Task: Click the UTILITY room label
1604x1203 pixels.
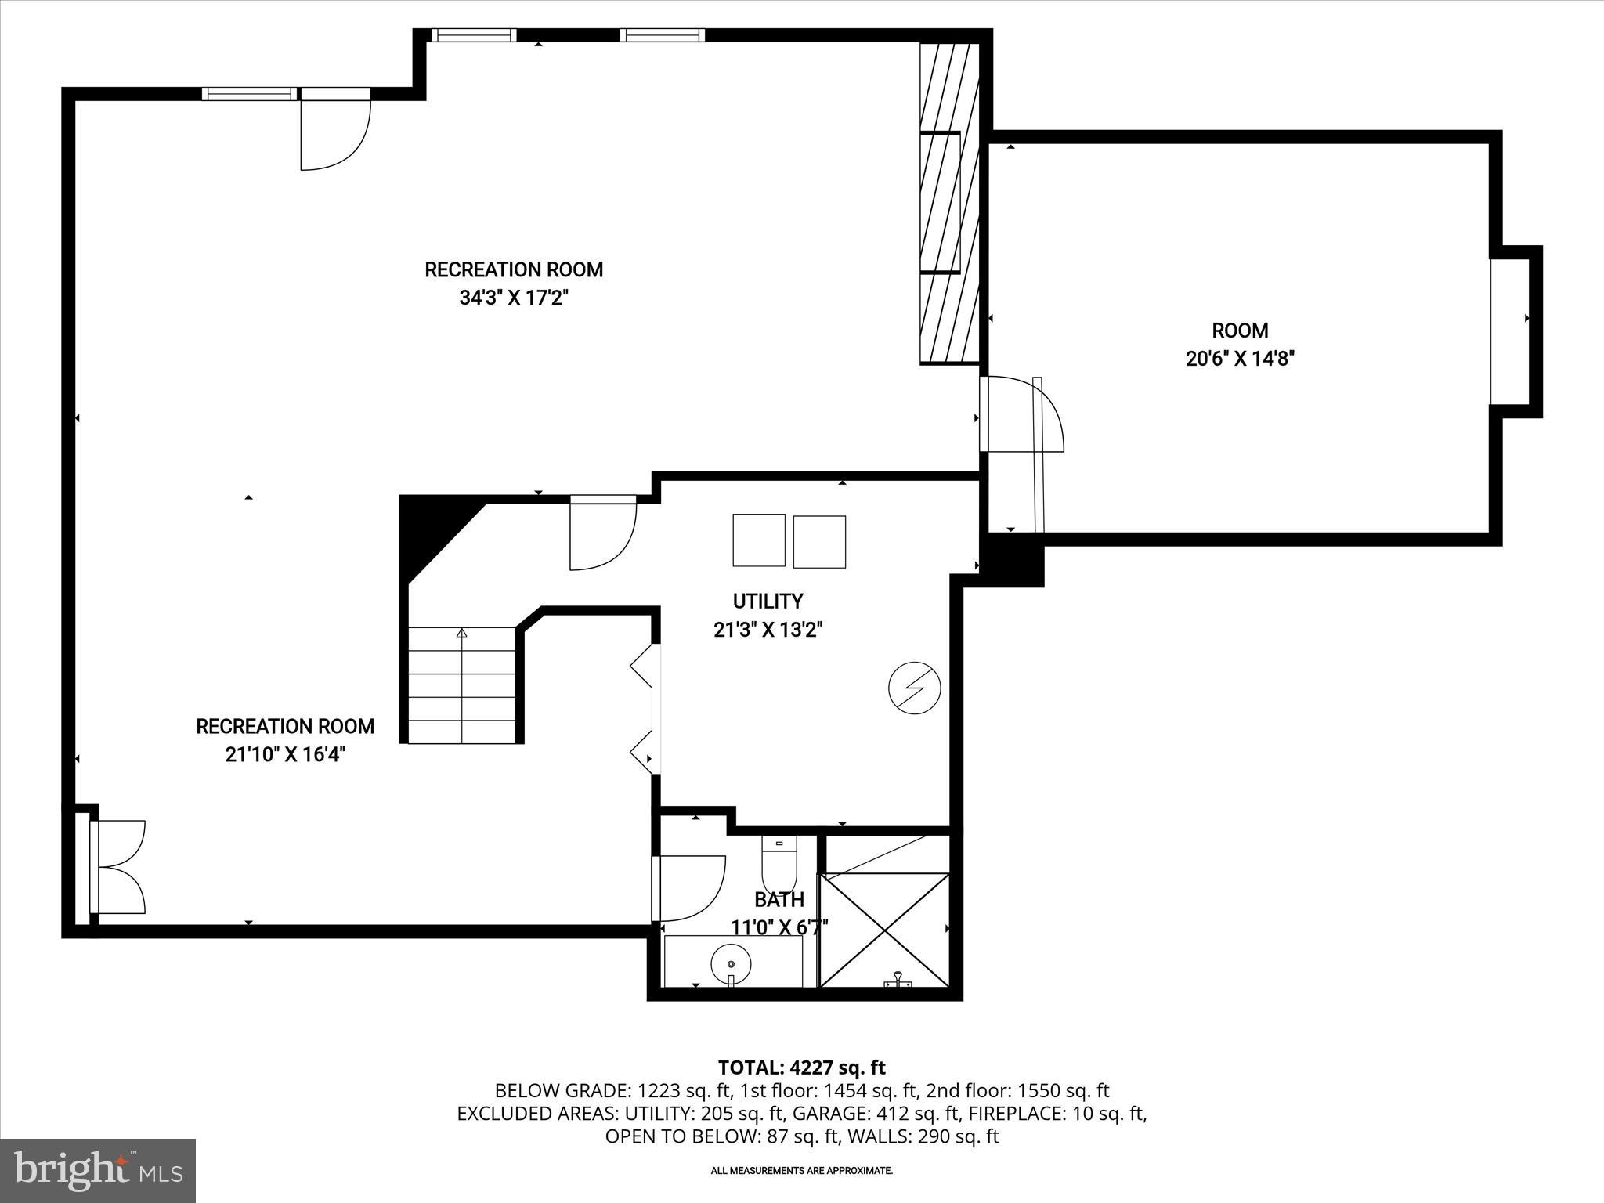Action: tap(768, 601)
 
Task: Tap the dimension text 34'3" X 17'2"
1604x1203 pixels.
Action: tap(513, 298)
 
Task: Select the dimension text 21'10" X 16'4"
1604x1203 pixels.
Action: tap(285, 754)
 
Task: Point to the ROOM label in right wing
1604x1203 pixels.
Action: tap(1240, 331)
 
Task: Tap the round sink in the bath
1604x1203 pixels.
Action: tap(731, 963)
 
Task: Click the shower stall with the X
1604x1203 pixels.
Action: tap(884, 930)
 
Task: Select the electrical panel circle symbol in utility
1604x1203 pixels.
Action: tap(914, 689)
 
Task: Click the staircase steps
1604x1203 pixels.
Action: tap(462, 685)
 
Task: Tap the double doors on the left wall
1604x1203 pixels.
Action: tap(117, 866)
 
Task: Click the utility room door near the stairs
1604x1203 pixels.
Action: tap(601, 533)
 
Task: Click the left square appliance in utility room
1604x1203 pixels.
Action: tap(758, 540)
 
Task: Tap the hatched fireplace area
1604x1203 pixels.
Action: tap(949, 204)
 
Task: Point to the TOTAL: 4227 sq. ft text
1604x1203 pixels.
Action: tap(801, 1068)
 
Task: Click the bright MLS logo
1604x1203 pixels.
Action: tap(98, 1170)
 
